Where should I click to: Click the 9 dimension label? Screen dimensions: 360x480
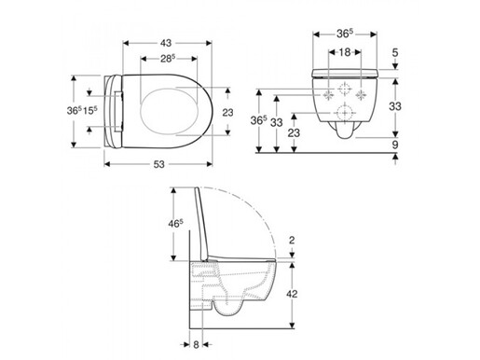click(395, 145)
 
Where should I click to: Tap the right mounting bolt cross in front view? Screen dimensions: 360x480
click(360, 95)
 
